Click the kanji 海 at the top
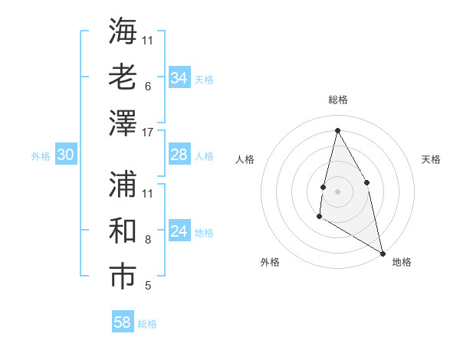click(123, 31)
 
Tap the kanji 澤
click(123, 123)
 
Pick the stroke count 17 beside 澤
click(148, 132)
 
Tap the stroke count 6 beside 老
click(148, 86)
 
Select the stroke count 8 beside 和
click(148, 240)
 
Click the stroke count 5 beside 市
click(148, 286)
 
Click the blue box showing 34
click(179, 78)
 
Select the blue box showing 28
click(179, 155)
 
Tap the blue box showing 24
click(179, 232)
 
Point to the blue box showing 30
click(66, 155)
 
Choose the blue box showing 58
click(123, 322)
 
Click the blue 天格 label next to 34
click(204, 79)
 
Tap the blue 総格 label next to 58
click(147, 323)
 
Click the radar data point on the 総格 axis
click(337, 130)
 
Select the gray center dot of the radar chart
click(337, 191)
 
